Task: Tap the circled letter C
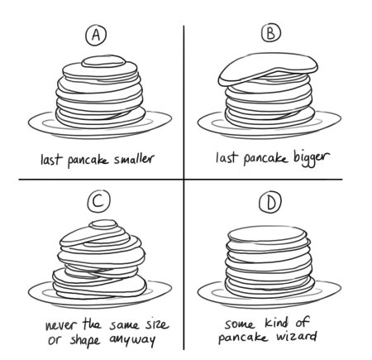(x=98, y=201)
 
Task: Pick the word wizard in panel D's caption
(x=292, y=338)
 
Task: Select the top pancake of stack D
(x=267, y=235)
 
